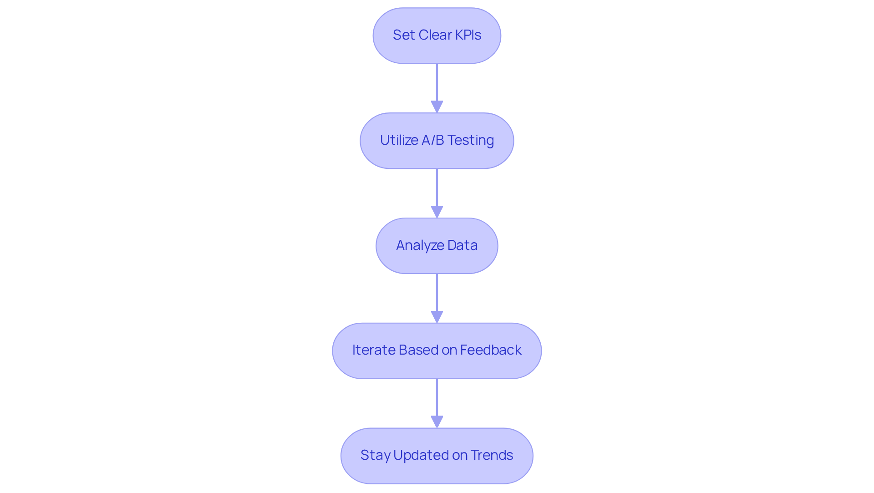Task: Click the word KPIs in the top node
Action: [x=468, y=35]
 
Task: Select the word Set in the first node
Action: [x=403, y=35]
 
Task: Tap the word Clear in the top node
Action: [x=435, y=35]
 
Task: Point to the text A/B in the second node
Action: [x=432, y=140]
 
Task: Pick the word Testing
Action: [x=471, y=140]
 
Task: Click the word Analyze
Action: [x=420, y=245]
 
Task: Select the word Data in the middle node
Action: [x=462, y=245]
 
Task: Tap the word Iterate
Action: [x=373, y=350]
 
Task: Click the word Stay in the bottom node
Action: [x=375, y=455]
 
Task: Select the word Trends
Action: [x=492, y=455]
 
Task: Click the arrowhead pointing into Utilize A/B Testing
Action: [x=437, y=107]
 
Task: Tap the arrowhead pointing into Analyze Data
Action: [x=437, y=212]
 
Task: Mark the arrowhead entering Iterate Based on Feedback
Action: [x=437, y=317]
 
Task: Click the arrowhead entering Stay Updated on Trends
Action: [x=437, y=422]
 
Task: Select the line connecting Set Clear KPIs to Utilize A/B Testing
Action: [x=437, y=82]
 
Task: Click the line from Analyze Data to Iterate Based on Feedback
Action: [x=437, y=292]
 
